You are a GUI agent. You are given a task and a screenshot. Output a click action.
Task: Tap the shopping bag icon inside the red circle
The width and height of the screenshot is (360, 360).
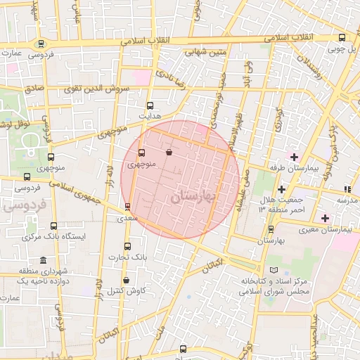(x=169, y=151)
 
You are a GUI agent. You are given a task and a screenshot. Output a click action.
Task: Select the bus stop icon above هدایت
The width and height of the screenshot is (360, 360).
(x=150, y=105)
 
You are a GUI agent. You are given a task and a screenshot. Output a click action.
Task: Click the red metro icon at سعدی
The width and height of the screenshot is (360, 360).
(x=127, y=207)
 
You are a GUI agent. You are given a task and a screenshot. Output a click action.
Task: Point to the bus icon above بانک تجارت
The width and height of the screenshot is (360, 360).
(x=127, y=246)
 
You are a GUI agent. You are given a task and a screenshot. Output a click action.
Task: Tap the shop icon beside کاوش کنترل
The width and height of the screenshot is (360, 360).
(x=126, y=280)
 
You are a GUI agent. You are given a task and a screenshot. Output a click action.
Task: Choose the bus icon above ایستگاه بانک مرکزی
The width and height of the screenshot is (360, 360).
(x=54, y=226)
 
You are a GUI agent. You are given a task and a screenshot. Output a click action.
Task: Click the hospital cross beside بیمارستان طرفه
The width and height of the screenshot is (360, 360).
(x=294, y=156)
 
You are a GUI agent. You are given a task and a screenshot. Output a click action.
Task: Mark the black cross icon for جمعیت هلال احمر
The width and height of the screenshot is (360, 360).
(x=281, y=189)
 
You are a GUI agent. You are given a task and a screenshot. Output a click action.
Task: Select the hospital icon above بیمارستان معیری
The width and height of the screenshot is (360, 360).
(x=325, y=218)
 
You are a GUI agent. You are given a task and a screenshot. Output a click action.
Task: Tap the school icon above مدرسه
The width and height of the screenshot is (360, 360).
(x=347, y=189)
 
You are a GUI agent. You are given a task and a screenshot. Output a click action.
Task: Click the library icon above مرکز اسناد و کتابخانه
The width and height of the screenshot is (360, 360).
(x=274, y=271)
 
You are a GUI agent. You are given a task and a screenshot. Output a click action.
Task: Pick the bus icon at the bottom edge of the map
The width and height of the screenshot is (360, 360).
(x=184, y=349)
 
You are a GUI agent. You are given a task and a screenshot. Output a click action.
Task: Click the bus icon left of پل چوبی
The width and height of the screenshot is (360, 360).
(x=342, y=38)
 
